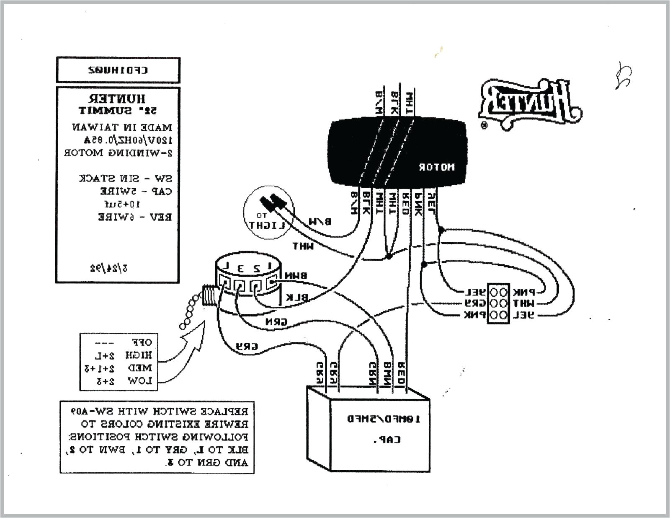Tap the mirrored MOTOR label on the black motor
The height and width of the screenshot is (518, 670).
pyautogui.click(x=436, y=167)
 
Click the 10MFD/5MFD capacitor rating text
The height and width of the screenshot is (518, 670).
pyautogui.click(x=383, y=419)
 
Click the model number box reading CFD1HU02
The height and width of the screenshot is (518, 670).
pyautogui.click(x=118, y=70)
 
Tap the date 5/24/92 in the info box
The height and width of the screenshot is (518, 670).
pyautogui.click(x=109, y=268)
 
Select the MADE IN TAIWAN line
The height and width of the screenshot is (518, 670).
pyautogui.click(x=122, y=127)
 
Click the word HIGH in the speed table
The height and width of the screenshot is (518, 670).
pyautogui.click(x=138, y=355)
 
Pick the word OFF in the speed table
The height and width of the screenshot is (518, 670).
pyautogui.click(x=142, y=342)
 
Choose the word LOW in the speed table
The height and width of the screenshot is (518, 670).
pyautogui.click(x=139, y=381)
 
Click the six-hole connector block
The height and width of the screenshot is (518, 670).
pyautogui.click(x=498, y=303)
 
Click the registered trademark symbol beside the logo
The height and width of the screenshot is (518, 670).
pyautogui.click(x=484, y=125)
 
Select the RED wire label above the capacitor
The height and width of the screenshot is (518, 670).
pyautogui.click(x=401, y=374)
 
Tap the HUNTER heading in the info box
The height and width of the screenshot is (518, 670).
pyautogui.click(x=117, y=99)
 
